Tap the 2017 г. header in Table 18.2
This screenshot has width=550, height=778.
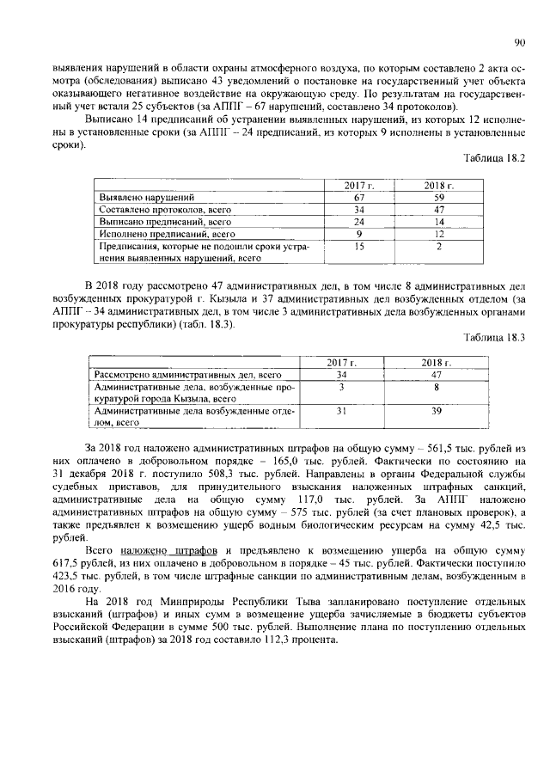point(359,186)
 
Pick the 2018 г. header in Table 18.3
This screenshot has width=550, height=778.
point(437,363)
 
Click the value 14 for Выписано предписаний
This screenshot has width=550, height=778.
point(437,221)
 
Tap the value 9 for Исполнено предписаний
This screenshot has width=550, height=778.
point(359,233)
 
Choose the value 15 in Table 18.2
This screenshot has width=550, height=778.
point(359,246)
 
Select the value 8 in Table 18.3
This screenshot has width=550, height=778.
point(437,387)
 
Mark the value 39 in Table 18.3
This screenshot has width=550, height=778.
point(437,411)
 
